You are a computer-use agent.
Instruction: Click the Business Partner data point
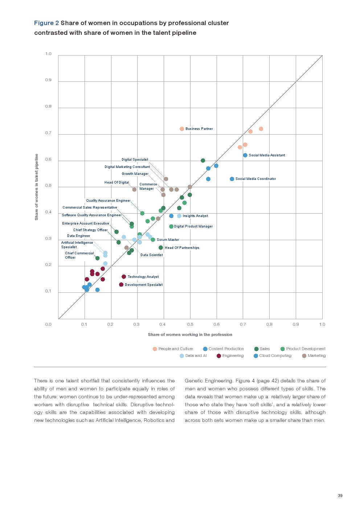tap(182, 129)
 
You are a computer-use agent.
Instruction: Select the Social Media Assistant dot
tap(245, 155)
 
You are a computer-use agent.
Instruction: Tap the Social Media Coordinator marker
tap(232, 179)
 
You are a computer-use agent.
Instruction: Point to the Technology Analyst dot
tap(124, 277)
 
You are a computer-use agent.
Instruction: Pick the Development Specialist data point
tap(121, 285)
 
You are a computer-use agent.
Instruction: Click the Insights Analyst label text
tap(195, 216)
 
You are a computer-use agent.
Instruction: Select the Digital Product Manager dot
tap(171, 226)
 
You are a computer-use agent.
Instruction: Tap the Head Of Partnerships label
tap(182, 248)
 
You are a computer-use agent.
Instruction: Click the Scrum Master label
tap(168, 240)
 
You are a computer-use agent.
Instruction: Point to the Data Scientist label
tap(152, 255)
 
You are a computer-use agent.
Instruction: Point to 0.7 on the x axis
tap(243, 324)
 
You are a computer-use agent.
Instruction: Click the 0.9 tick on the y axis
tap(48, 80)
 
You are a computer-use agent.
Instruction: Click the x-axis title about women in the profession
tap(190, 334)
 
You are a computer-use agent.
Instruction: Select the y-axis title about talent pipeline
tap(36, 187)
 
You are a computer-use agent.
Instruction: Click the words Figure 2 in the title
tap(46, 23)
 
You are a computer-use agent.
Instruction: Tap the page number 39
tap(340, 496)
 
